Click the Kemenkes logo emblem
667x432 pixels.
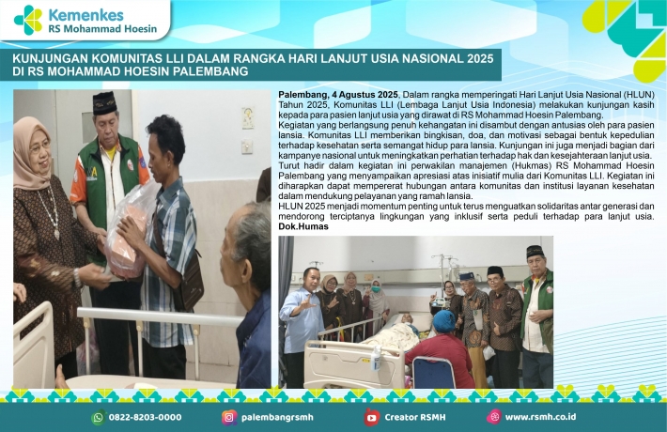[28, 20]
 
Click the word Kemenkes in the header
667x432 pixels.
[85, 15]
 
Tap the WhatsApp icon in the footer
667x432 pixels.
[99, 417]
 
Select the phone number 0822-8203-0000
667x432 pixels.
[145, 418]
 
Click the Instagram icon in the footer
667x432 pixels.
[229, 417]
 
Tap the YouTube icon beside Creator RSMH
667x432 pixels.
[371, 418]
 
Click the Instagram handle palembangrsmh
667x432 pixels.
[277, 418]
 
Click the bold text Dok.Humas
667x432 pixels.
[303, 226]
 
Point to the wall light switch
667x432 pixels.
[247, 147]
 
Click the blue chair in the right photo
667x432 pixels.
[429, 372]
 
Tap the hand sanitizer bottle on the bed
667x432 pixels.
[376, 359]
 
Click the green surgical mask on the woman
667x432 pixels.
[376, 288]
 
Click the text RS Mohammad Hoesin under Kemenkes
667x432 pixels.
[102, 29]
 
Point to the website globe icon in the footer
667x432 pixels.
[494, 417]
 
